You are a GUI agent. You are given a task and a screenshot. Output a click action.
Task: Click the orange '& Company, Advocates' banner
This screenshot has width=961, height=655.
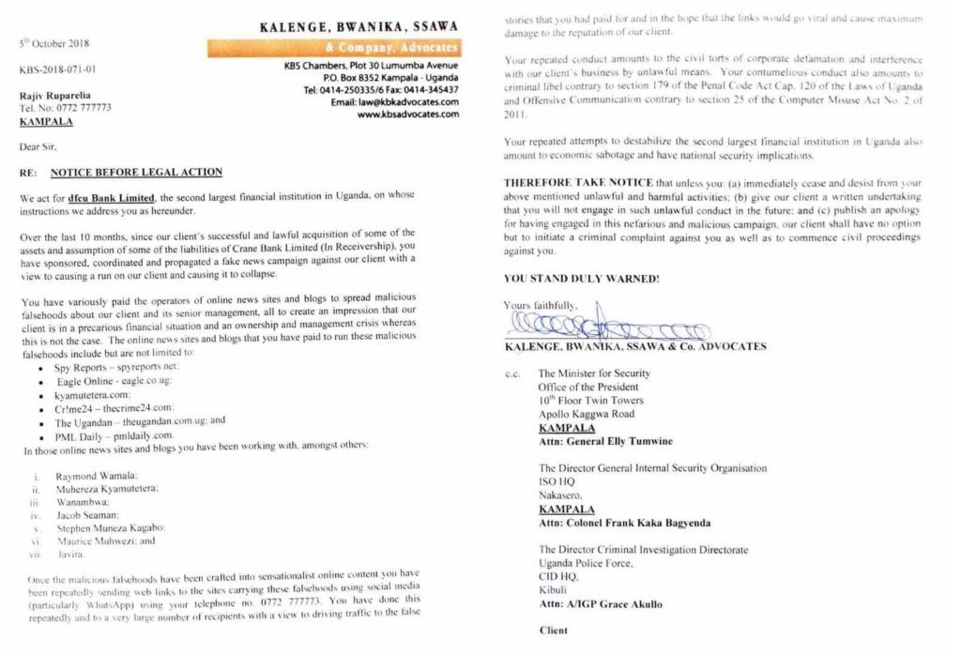coord(333,47)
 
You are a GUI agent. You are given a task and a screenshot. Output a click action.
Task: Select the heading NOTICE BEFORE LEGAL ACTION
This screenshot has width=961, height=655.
coord(136,172)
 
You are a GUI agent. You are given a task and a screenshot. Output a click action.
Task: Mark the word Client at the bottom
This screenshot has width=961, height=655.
coord(554,631)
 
